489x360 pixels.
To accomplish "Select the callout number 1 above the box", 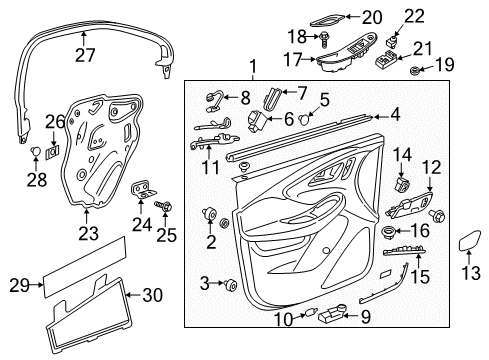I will pos(252,68).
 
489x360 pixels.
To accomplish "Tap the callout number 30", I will pos(151,295).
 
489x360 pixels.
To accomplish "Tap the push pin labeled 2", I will pos(212,215).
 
